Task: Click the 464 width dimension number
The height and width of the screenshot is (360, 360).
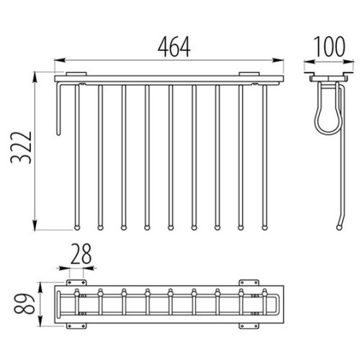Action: point(174,47)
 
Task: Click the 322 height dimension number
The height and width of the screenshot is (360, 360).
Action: point(21,148)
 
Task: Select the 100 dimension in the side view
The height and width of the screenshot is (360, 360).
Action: point(329,47)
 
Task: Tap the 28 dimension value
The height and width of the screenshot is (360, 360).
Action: point(81,254)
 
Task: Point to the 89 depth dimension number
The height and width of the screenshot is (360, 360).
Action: point(24,303)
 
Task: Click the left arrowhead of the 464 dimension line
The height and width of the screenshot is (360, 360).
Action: point(60,60)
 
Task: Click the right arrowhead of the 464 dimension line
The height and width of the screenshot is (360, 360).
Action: point(279,60)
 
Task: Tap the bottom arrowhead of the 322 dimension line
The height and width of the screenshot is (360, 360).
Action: point(35,225)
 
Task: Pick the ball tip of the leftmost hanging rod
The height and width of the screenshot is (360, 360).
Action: point(77,228)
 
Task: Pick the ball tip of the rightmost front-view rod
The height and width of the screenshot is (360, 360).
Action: point(264,228)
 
